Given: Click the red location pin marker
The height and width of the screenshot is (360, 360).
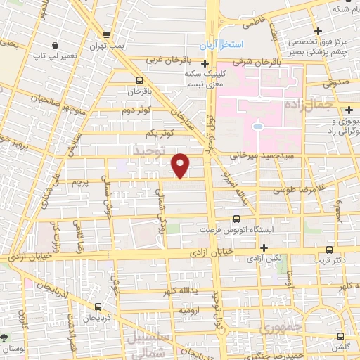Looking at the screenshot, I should click(x=181, y=165).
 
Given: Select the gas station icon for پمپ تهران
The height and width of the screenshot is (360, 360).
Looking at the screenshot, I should click(x=106, y=34).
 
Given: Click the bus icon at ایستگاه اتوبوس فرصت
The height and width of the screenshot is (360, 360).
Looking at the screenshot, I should click(x=235, y=219).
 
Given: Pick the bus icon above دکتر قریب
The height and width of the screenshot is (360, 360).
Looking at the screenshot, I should click(x=330, y=249).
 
